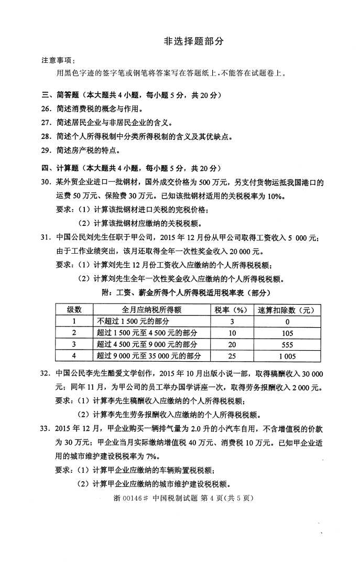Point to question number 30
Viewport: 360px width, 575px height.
click(47, 182)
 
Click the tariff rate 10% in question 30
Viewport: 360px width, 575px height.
click(275, 197)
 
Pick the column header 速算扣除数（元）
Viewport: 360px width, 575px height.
click(287, 310)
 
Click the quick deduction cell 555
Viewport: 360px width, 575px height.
click(287, 344)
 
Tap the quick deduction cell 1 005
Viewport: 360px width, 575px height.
click(287, 356)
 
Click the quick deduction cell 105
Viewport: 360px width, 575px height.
click(287, 333)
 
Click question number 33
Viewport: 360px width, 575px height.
click(47, 429)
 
